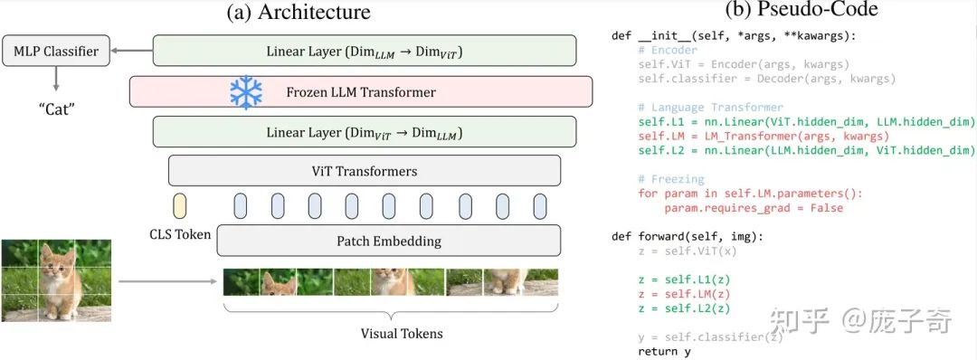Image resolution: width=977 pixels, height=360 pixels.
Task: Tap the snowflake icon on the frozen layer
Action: pos(245,91)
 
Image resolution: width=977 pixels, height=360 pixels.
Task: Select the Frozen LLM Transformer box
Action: pos(360,92)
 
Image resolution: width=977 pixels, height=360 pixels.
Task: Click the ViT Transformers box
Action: pos(364,170)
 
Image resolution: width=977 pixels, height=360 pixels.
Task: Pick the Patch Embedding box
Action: pos(388,242)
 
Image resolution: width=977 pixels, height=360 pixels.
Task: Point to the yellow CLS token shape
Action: pos(179,206)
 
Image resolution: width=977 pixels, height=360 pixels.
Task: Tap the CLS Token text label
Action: pos(179,234)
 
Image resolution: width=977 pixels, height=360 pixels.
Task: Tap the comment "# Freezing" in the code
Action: pos(669,179)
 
